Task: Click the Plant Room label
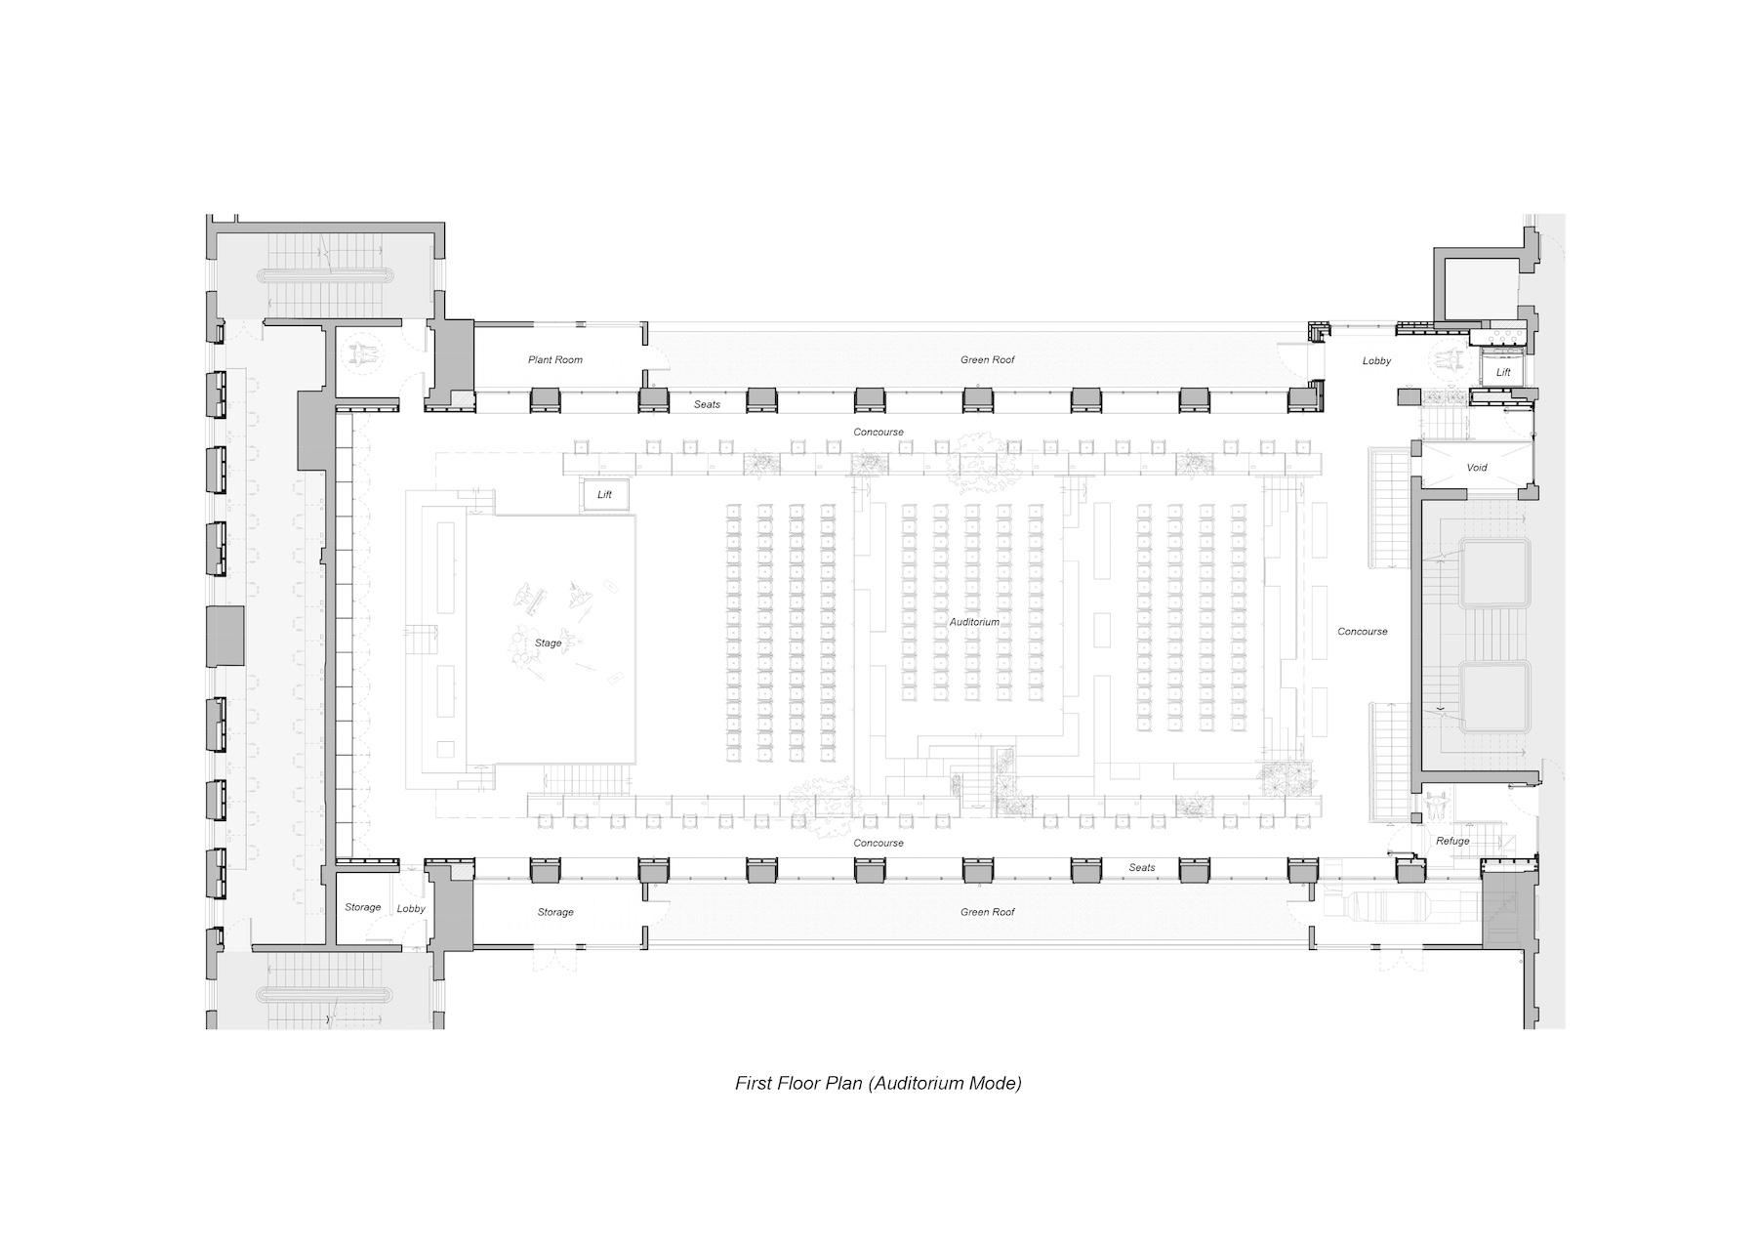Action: [555, 360]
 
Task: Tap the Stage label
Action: [548, 643]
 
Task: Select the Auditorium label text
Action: [974, 622]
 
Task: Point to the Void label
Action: [1477, 468]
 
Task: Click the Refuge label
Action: [1452, 842]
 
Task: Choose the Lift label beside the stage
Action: [604, 495]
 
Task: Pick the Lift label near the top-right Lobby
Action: [1503, 373]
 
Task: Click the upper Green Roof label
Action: [987, 360]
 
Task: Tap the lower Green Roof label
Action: [987, 912]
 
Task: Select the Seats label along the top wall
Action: [707, 404]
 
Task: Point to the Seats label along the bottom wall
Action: [1142, 868]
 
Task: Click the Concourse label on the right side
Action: [1362, 632]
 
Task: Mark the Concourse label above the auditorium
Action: [878, 433]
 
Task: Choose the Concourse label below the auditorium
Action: [878, 844]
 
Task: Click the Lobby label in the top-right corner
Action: [1376, 361]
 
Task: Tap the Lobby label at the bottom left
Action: [411, 909]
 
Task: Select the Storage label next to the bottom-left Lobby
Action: [362, 908]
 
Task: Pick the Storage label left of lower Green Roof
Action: [555, 912]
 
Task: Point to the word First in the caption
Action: [753, 1083]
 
